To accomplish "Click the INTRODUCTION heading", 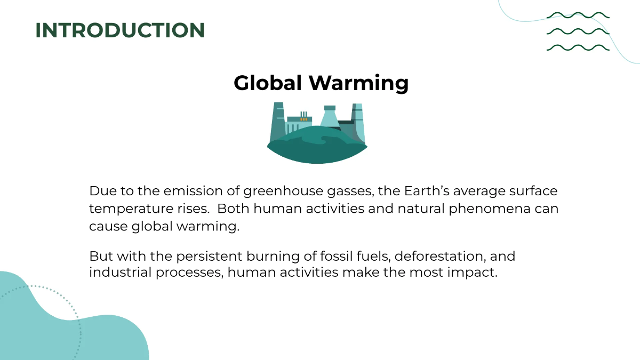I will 120,30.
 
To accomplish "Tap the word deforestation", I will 437,257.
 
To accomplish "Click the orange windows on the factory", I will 304,119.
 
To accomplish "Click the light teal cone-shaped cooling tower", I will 330,116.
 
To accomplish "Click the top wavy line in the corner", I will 578,15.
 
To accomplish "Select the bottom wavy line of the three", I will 578,47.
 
